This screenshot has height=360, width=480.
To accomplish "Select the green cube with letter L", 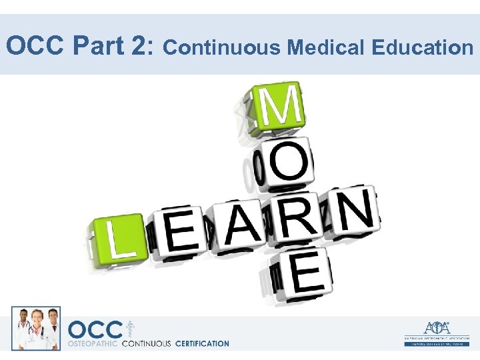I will (x=117, y=237).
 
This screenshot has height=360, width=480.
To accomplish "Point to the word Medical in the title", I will (x=326, y=47).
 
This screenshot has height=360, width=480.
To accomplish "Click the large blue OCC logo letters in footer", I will (x=95, y=330).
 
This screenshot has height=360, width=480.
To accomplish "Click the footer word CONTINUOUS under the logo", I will (x=146, y=344).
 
